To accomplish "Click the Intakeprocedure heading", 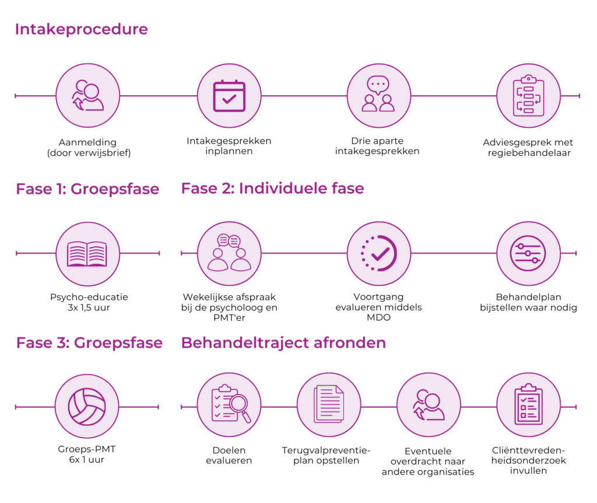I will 81,29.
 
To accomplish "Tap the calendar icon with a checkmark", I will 229,96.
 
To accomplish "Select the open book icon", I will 87,254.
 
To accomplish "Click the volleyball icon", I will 87,406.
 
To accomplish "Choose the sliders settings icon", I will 528,254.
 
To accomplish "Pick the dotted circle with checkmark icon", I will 378,254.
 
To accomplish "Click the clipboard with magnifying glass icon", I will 229,404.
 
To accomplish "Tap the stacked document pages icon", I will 329,404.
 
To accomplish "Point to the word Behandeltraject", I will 245,343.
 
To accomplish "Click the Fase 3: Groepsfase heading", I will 89,343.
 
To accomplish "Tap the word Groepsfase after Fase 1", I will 115,189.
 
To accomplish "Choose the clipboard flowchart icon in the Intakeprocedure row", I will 528,96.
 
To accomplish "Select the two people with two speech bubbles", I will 229,254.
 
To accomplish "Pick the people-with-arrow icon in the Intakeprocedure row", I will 87,96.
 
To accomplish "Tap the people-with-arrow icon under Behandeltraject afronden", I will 429,404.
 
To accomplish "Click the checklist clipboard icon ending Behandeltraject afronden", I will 528,404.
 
